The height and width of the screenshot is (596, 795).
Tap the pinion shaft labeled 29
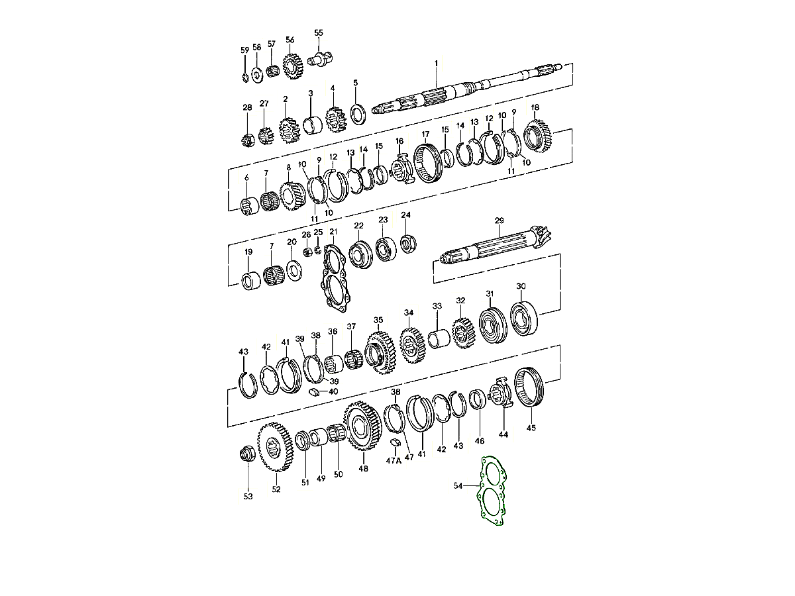click(496, 245)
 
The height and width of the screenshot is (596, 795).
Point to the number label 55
click(319, 32)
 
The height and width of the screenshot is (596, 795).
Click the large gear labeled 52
click(276, 447)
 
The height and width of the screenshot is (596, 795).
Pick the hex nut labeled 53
click(248, 454)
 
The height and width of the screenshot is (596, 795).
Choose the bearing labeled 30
click(524, 319)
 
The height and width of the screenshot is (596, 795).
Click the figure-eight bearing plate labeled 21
click(335, 278)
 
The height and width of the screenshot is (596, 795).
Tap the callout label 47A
click(394, 461)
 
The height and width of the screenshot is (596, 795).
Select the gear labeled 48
click(363, 426)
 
